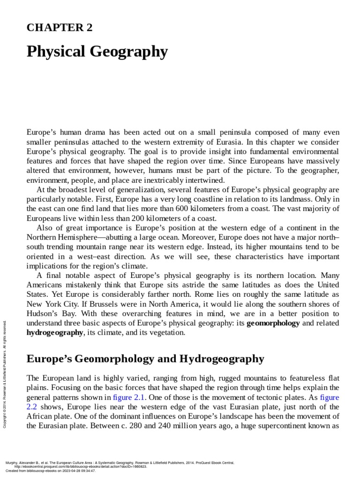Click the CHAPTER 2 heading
60,28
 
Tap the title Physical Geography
97,52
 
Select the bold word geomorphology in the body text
273,323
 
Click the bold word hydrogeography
55,333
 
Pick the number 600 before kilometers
195,208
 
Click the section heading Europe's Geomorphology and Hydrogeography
145,359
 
